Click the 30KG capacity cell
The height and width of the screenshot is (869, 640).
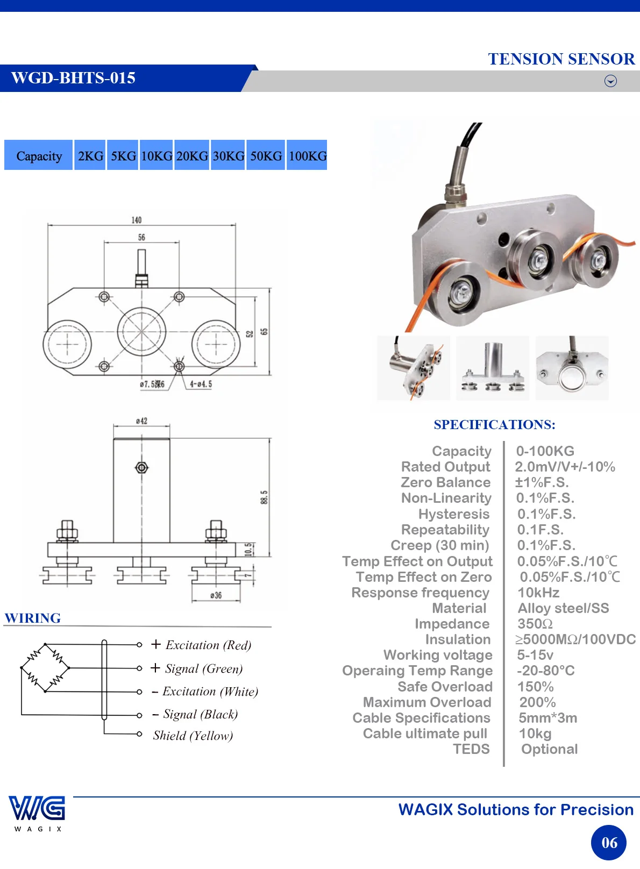point(228,155)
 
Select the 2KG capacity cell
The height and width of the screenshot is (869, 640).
point(90,155)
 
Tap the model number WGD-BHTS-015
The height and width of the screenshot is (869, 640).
point(73,78)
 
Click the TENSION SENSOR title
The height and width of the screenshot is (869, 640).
point(561,59)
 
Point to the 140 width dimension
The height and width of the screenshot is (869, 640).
point(137,220)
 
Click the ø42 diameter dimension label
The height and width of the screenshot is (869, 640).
point(141,421)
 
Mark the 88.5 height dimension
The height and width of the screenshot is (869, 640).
point(264,497)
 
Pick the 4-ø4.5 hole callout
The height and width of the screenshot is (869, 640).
point(201,384)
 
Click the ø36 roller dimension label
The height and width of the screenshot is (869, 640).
point(216,595)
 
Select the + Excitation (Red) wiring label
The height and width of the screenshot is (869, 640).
point(201,645)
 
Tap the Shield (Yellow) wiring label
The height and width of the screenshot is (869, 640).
point(193,736)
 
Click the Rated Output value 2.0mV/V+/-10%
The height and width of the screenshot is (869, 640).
point(565,467)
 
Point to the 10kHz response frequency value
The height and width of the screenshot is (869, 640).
point(538,593)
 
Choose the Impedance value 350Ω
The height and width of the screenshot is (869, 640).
point(535,623)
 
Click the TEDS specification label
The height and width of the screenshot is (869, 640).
point(471,749)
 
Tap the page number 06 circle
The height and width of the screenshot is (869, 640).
point(609,843)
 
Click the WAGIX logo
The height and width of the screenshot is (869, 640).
point(38,813)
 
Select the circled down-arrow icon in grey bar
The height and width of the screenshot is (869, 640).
point(610,81)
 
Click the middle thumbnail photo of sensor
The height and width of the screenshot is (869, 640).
point(493,368)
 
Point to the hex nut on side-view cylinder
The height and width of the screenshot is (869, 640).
point(141,467)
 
